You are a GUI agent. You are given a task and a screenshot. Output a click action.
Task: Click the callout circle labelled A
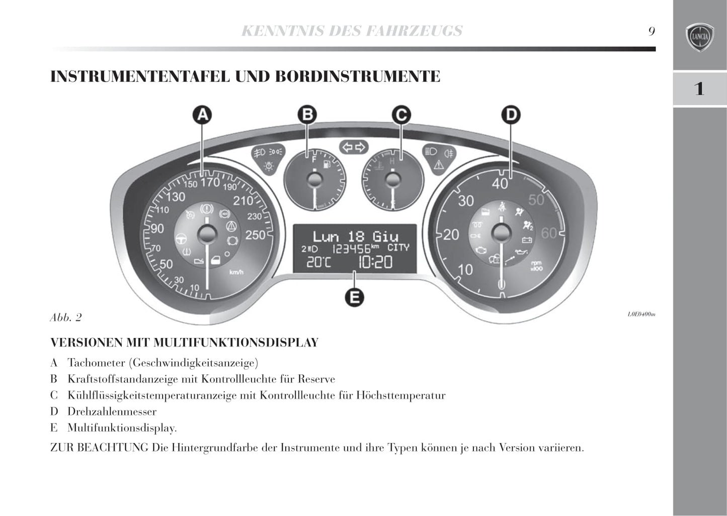(x=202, y=115)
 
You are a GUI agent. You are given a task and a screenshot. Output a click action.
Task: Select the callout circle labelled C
(x=401, y=115)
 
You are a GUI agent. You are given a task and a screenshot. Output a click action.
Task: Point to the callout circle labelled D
(x=511, y=115)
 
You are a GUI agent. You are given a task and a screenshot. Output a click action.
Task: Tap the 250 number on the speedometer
(x=255, y=234)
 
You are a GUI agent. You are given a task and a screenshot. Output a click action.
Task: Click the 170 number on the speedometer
(x=210, y=182)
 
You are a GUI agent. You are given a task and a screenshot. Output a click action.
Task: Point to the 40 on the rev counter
(x=500, y=184)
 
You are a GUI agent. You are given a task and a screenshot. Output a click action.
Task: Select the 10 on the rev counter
(x=465, y=270)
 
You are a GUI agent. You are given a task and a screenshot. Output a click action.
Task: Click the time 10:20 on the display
(x=375, y=262)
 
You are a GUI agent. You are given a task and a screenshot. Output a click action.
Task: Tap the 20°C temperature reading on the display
(x=319, y=262)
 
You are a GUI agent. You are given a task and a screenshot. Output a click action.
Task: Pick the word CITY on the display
(x=398, y=247)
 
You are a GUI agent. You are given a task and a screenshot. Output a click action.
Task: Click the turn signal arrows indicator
(x=354, y=147)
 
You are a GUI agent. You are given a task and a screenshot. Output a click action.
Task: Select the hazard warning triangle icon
(x=438, y=164)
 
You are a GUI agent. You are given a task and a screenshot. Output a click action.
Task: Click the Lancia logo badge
(x=699, y=37)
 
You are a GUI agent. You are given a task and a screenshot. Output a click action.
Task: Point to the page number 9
(x=652, y=31)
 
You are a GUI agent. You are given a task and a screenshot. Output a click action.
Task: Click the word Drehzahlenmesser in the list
(x=112, y=411)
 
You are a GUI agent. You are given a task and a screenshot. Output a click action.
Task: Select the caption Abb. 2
(x=65, y=317)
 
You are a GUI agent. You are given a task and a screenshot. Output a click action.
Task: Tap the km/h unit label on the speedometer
(x=236, y=272)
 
